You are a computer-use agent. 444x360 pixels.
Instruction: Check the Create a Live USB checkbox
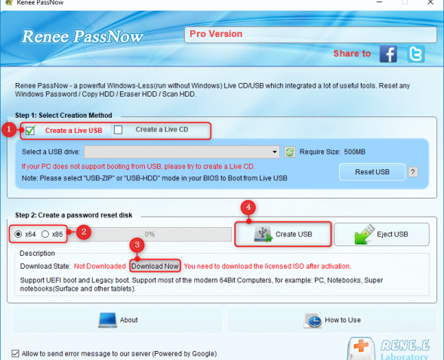coord(30,131)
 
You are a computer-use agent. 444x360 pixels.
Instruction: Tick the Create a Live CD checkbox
coord(118,130)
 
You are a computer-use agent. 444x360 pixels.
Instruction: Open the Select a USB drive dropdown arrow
coord(274,152)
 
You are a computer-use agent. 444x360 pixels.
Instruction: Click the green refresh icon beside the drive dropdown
coord(290,152)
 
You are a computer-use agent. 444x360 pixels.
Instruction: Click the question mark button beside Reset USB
coord(413,172)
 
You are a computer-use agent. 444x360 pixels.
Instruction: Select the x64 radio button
coord(18,234)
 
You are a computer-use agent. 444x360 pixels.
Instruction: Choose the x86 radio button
coord(45,234)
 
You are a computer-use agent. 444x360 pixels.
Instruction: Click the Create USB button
coord(283,234)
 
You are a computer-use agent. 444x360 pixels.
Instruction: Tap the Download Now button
coord(155,266)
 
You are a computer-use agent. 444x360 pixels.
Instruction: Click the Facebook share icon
coord(388,54)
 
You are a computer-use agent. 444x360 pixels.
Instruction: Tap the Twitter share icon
coord(415,54)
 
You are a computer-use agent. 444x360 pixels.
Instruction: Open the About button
coord(118,320)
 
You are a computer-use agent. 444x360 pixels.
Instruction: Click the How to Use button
coord(332,320)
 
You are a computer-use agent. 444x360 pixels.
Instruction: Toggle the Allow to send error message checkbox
coord(15,353)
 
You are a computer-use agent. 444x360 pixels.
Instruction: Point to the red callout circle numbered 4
coord(248,208)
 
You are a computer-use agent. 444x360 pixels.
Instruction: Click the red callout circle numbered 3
coord(137,245)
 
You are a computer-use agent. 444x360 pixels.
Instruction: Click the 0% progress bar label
coord(150,234)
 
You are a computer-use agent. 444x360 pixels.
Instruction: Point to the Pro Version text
coord(216,34)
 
